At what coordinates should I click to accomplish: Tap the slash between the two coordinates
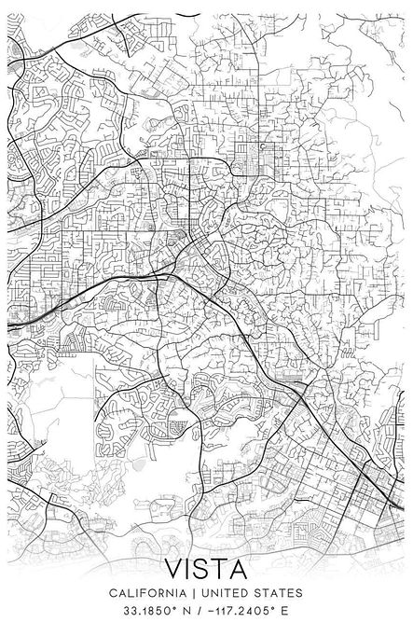coord(199,611)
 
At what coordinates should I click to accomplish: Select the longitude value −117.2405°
coord(241,611)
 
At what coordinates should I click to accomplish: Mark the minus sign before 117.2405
coord(210,611)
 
